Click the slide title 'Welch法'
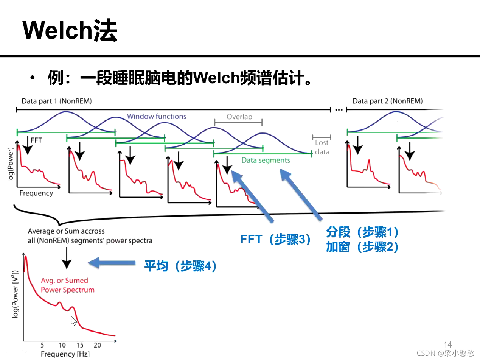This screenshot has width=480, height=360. coord(70,30)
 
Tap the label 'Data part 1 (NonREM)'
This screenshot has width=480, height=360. coord(56,101)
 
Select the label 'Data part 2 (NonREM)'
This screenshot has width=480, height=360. coord(387,101)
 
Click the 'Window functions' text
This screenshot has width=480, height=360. coord(157,117)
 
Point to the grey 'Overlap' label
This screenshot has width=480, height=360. coord(239,117)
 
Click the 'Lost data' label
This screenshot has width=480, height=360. coord(322,147)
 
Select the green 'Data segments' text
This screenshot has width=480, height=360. coord(266,161)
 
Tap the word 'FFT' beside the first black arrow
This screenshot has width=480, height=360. coord(36,140)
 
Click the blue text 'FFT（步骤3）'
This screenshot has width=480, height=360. coord(275,240)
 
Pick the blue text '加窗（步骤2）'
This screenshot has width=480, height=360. coord(362,247)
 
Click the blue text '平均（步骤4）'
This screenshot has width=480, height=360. coord(181,266)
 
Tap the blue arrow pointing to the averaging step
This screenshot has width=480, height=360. coord(112,263)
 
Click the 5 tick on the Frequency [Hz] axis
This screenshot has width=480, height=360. coord(42,345)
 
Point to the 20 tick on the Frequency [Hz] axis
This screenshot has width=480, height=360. coord(97,345)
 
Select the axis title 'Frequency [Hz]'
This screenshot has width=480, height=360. coord(65,354)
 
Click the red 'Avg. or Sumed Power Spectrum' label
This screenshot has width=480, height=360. coord(67,285)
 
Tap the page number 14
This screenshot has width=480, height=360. coord(448,344)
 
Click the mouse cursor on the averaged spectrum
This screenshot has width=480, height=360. coord(74,321)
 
